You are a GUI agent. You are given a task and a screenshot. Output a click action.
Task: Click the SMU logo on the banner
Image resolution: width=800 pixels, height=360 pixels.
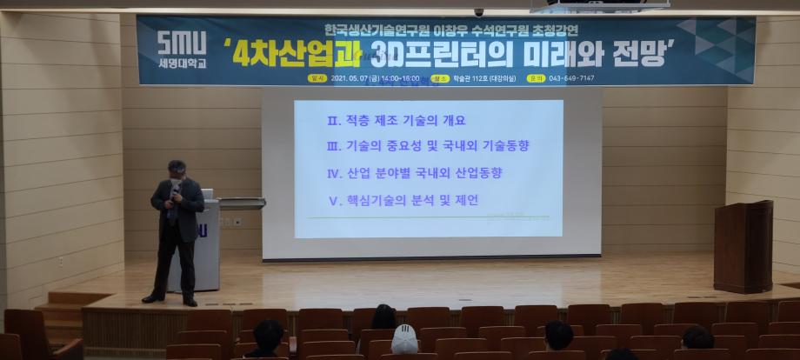(x=182, y=42)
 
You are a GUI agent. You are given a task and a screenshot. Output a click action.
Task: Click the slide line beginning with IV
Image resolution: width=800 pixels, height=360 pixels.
(x=414, y=173)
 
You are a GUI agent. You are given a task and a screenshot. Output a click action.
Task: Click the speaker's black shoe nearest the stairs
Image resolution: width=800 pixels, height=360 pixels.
(x=152, y=298)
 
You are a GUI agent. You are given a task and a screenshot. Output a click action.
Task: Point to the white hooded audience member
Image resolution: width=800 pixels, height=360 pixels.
(x=404, y=339)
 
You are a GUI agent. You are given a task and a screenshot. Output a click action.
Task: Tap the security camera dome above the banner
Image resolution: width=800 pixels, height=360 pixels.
(x=478, y=12)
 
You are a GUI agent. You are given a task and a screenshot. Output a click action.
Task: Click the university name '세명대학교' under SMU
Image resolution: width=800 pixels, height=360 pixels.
(x=182, y=63)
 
